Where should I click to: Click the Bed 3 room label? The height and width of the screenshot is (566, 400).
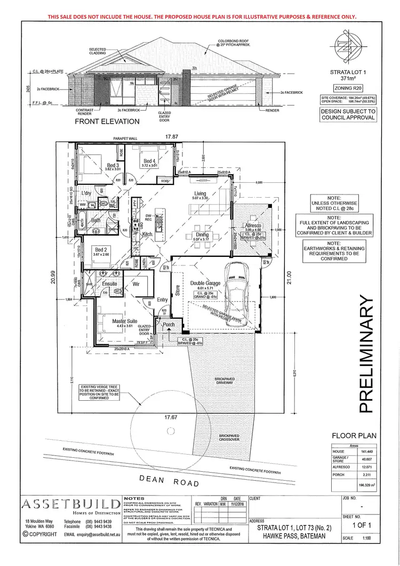click(114, 166)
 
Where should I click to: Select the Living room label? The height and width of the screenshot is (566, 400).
click(200, 193)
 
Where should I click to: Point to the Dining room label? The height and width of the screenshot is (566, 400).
click(202, 235)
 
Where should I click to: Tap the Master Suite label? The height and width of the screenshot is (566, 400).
click(125, 321)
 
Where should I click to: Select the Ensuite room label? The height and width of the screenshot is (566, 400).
click(110, 284)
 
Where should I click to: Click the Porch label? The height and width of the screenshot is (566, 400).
click(169, 324)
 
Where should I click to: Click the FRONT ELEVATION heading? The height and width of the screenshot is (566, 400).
click(107, 121)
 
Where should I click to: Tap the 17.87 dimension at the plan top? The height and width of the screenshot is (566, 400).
click(171, 136)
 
